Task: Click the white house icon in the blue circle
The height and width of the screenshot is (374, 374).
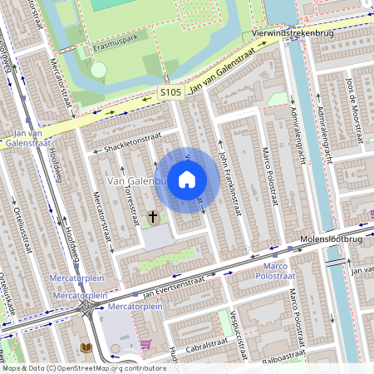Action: (187, 180)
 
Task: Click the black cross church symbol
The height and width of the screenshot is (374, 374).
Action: (152, 217)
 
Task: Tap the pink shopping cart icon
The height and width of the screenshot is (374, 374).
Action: (146, 344)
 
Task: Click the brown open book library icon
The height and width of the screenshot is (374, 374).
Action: (86, 347)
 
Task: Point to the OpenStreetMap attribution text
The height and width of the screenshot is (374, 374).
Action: (83, 368)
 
